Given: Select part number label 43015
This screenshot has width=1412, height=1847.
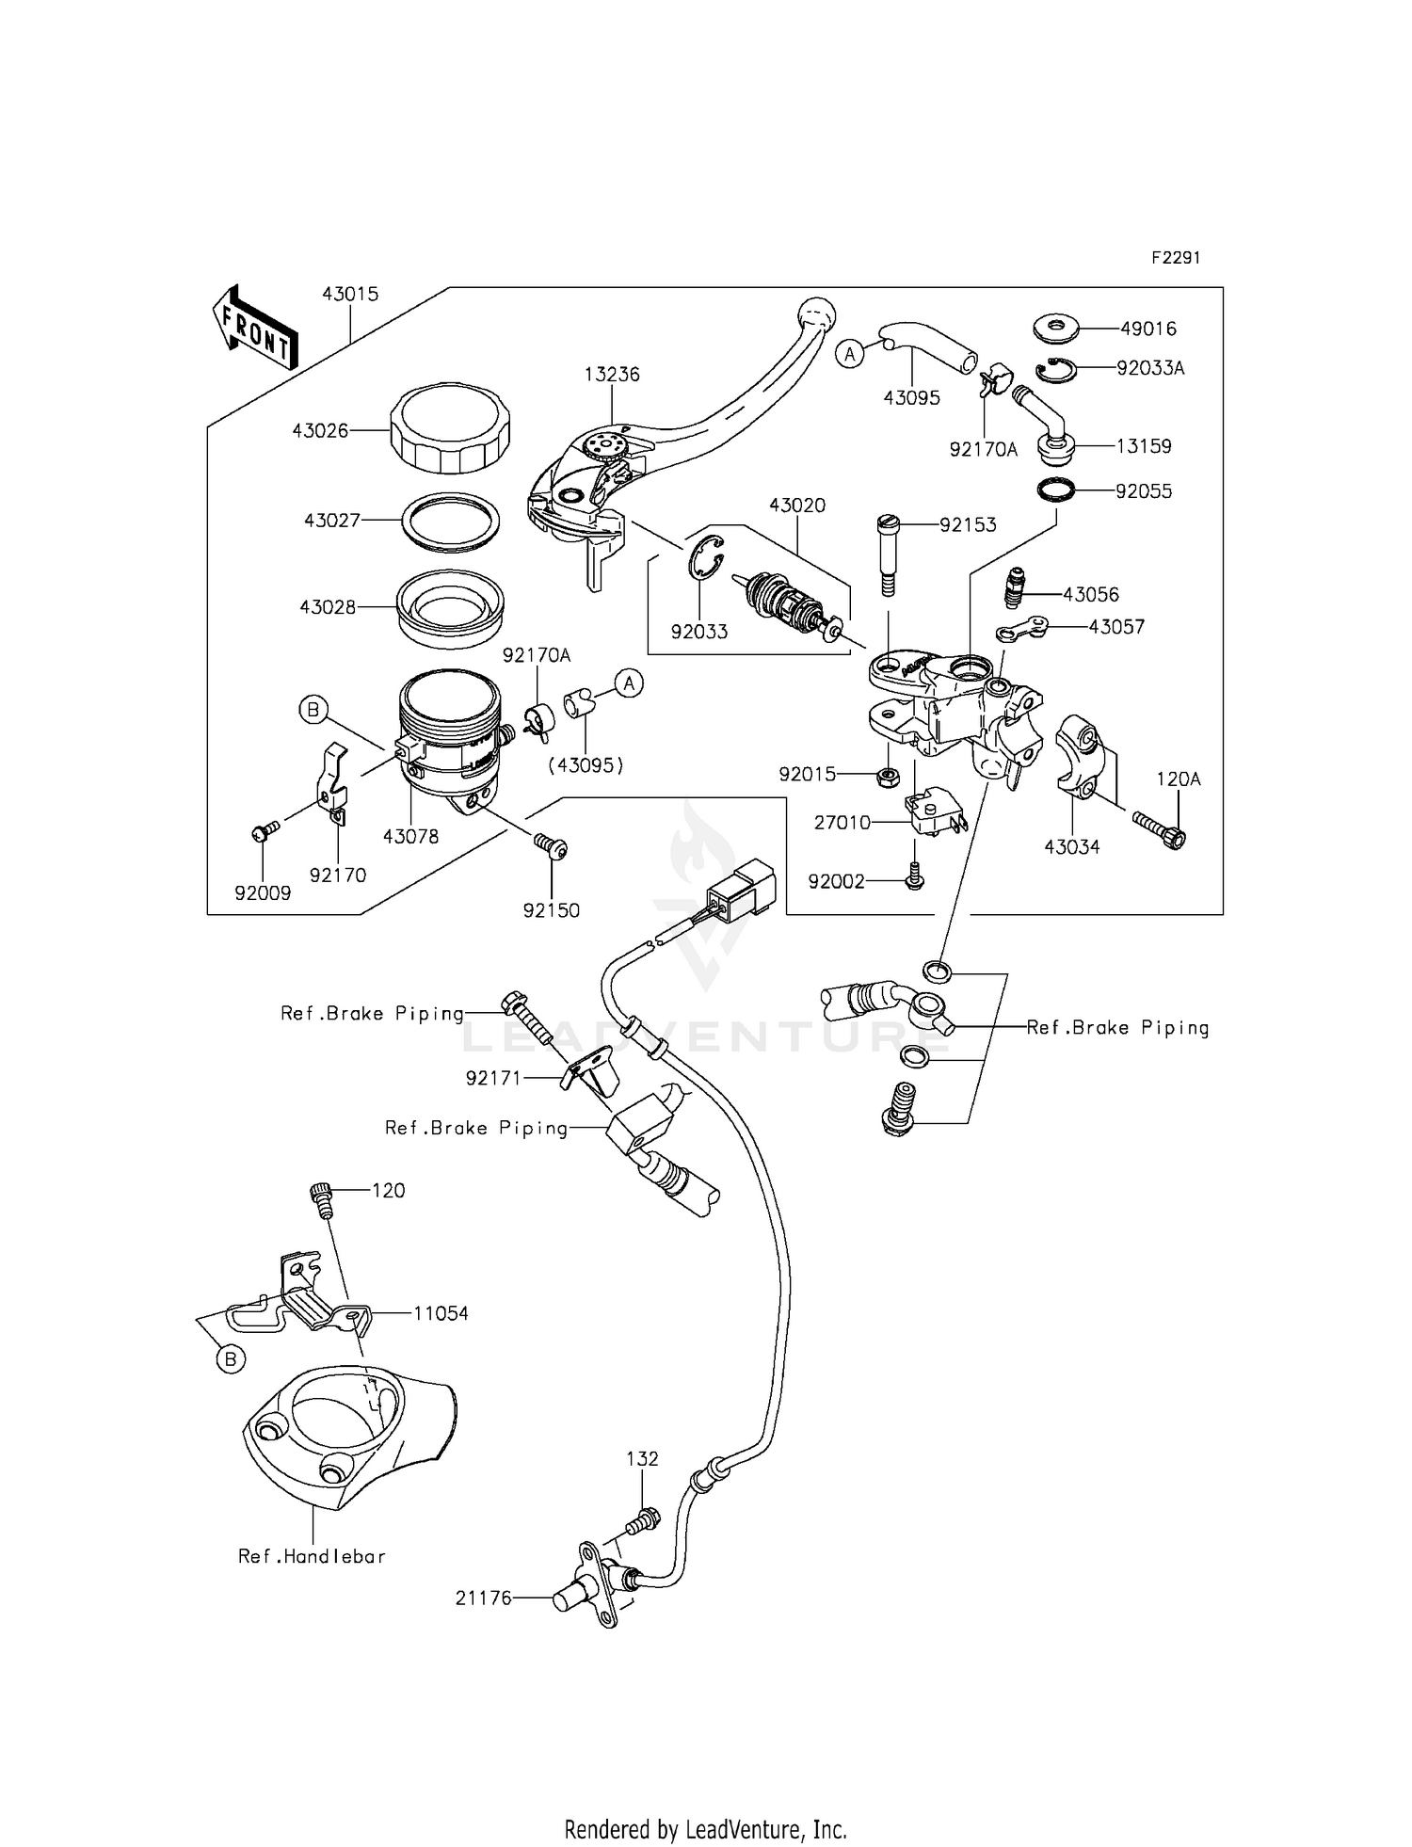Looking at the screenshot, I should [350, 294].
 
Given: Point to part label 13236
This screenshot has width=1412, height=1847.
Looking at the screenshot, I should [611, 374].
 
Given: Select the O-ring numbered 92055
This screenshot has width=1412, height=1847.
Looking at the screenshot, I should [1057, 490].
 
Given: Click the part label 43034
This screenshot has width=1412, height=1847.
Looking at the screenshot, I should [1071, 846].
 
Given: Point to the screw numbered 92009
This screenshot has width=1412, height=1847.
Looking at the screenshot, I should [264, 830].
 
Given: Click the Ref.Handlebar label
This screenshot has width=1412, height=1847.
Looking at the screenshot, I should [312, 1556].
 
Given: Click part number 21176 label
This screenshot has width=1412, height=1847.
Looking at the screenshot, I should [483, 1598].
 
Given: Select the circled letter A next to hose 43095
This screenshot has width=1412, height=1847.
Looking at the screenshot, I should [850, 354].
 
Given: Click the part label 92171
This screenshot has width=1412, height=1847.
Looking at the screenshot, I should [493, 1078].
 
